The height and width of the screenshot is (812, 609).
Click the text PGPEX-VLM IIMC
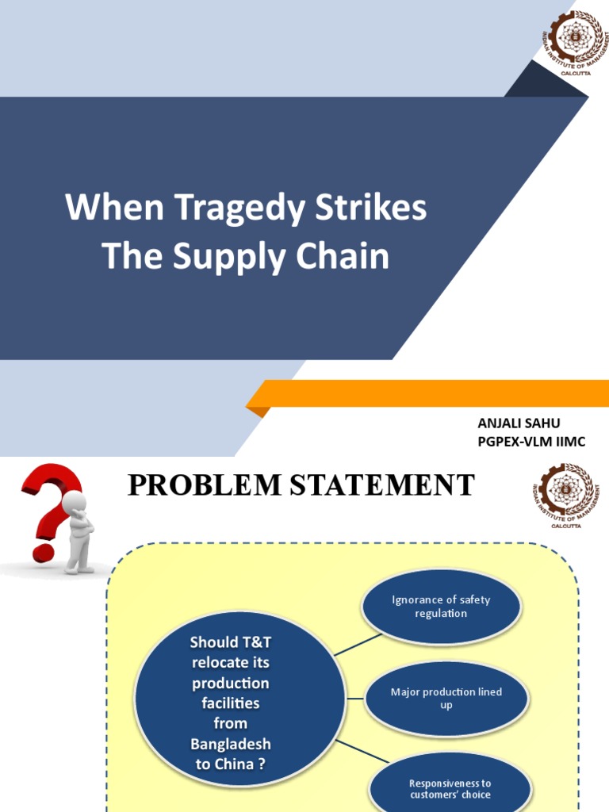531,442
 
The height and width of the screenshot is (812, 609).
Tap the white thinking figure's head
74,502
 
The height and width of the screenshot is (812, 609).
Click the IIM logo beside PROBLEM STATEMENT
565,496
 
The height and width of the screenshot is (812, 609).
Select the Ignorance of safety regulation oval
441,607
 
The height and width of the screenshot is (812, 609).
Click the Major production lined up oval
446,699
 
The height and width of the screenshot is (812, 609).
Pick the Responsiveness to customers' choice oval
450,788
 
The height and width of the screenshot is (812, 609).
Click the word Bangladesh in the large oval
230,744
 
